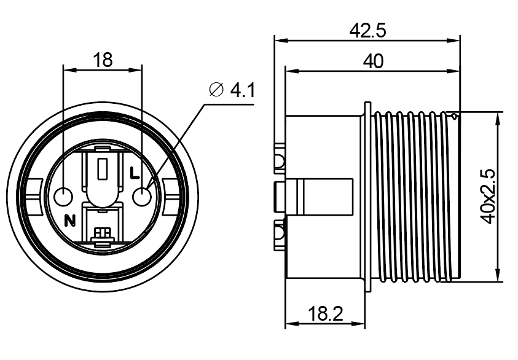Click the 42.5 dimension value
coord(367,31)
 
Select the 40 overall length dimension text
coord(374,61)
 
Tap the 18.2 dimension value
coord(326,313)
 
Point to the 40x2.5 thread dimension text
coord(488,197)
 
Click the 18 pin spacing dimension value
coord(103,60)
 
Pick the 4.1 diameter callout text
coord(243,90)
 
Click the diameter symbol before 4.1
coord(216,90)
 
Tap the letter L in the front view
coord(134,173)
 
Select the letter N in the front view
coord(69,221)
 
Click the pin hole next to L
coord(142,197)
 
